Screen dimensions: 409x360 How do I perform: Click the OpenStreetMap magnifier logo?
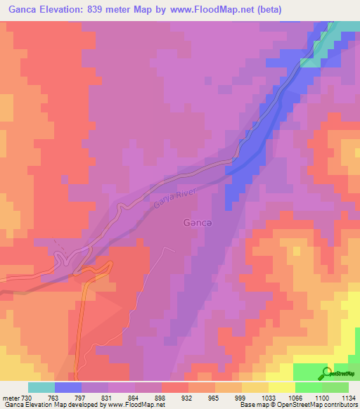[328, 373]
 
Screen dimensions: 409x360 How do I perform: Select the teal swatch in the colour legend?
[41, 387]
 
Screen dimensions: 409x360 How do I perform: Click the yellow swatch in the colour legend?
[255, 387]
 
